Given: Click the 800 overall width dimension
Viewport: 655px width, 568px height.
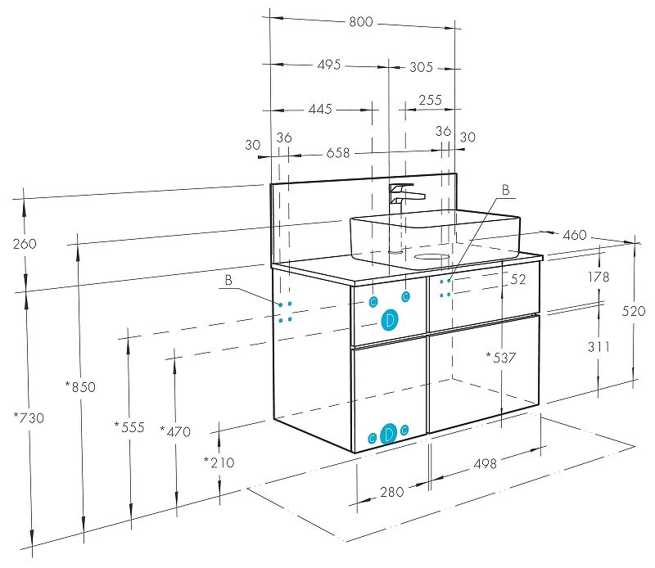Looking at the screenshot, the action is pyautogui.click(x=361, y=21).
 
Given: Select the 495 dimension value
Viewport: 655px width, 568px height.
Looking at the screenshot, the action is pyautogui.click(x=329, y=65).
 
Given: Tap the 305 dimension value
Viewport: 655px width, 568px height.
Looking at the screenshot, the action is pyautogui.click(x=421, y=67).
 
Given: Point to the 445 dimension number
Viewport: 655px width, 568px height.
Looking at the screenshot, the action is pyautogui.click(x=320, y=109).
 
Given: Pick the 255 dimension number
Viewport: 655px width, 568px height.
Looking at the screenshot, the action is pyautogui.click(x=431, y=100).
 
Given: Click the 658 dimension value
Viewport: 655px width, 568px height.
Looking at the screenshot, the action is pyautogui.click(x=338, y=153).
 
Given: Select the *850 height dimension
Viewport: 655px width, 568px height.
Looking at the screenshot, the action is pyautogui.click(x=80, y=387).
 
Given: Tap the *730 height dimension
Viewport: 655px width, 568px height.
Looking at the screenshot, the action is pyautogui.click(x=29, y=417).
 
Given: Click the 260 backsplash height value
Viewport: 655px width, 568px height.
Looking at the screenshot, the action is pyautogui.click(x=25, y=244).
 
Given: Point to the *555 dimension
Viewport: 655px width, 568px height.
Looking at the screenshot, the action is pyautogui.click(x=129, y=427).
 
